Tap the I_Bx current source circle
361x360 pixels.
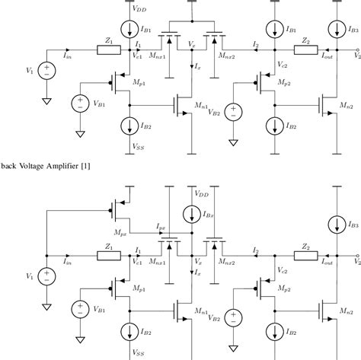coord(188,212)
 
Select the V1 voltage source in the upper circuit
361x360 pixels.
coord(46,72)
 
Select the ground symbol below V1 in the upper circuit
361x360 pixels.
coord(46,100)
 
